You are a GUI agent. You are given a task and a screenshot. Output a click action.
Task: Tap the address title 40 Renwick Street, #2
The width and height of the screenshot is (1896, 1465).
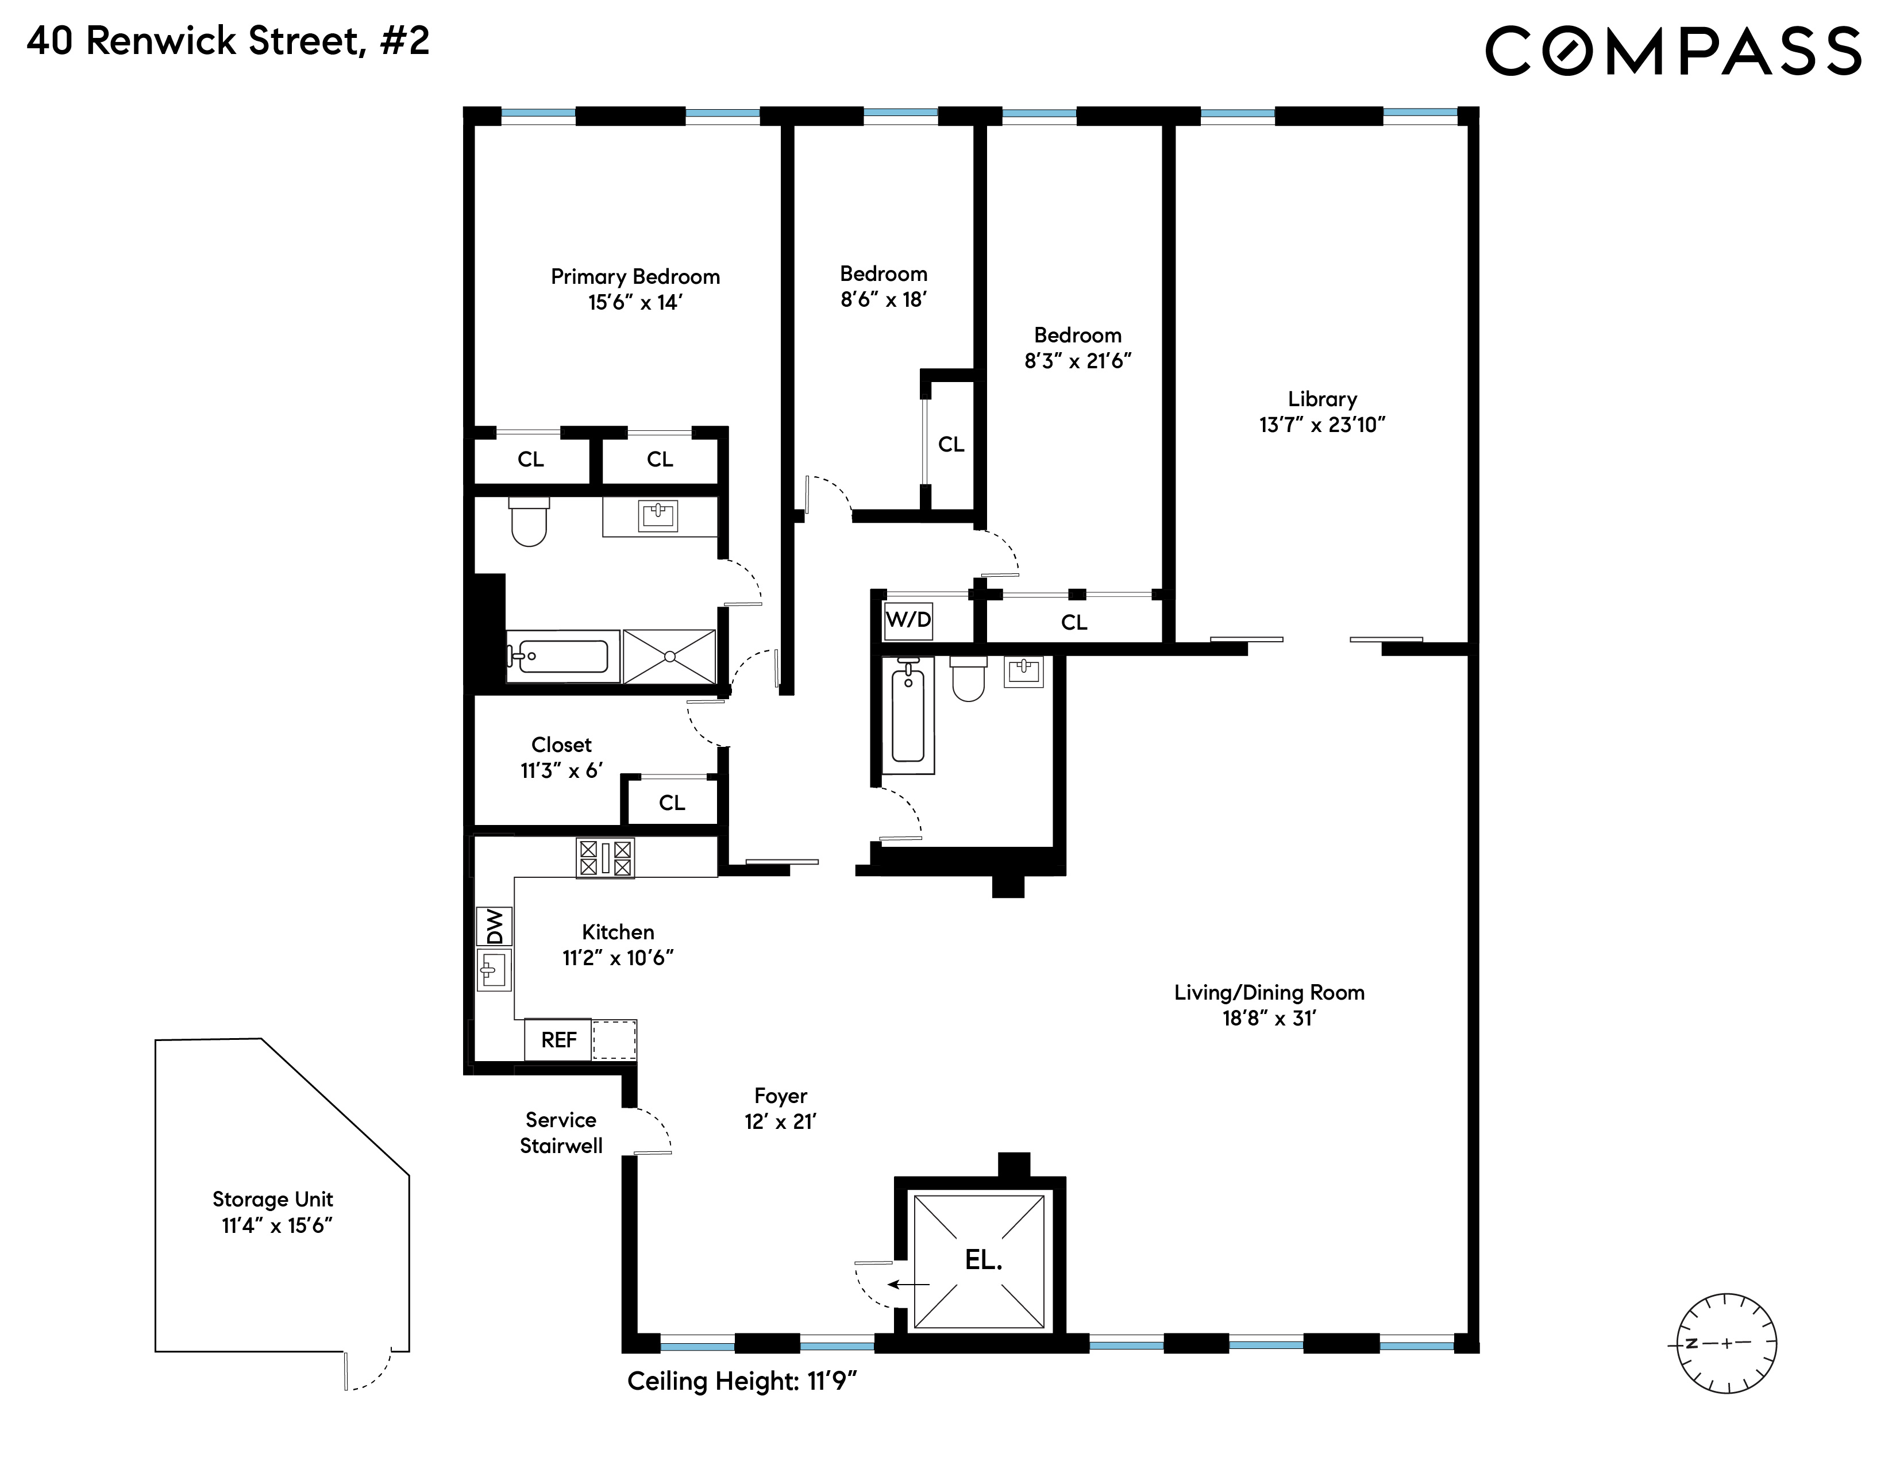point(228,41)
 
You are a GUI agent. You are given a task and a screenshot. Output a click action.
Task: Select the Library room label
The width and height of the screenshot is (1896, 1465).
point(1322,399)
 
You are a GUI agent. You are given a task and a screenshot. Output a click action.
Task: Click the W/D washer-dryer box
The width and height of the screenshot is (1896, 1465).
point(908,620)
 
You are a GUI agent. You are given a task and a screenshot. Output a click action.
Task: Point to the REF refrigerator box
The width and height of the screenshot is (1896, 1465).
point(558,1040)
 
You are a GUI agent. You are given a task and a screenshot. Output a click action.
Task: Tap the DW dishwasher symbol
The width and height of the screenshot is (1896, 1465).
point(494,926)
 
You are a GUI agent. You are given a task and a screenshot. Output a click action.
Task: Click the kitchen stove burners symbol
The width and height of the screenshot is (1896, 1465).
point(605,858)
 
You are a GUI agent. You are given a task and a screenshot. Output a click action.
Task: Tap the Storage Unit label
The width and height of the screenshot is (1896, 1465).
point(272,1200)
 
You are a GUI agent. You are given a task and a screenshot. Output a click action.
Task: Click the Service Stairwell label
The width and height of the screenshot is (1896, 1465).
point(561,1132)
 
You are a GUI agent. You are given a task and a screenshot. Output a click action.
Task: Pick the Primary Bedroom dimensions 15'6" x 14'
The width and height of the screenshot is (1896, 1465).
point(635,303)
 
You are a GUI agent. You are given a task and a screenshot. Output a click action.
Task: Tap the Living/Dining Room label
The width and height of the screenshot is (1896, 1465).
point(1269,993)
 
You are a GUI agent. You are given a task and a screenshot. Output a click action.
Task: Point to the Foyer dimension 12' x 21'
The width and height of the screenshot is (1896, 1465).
point(780,1122)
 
